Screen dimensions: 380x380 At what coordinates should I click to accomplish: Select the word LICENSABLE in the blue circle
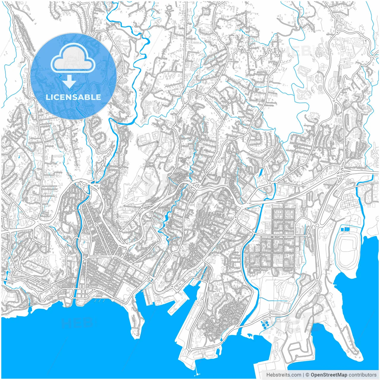73,97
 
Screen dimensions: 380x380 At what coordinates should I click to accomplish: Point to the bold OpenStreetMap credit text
329,375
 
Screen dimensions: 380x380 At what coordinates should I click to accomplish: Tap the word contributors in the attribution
362,375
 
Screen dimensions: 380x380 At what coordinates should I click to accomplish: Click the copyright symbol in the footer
308,375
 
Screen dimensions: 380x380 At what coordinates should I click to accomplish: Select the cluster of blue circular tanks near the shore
265,324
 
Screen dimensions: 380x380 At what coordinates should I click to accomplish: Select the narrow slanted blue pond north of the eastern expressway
261,172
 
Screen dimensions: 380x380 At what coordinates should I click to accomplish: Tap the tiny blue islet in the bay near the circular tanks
250,336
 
